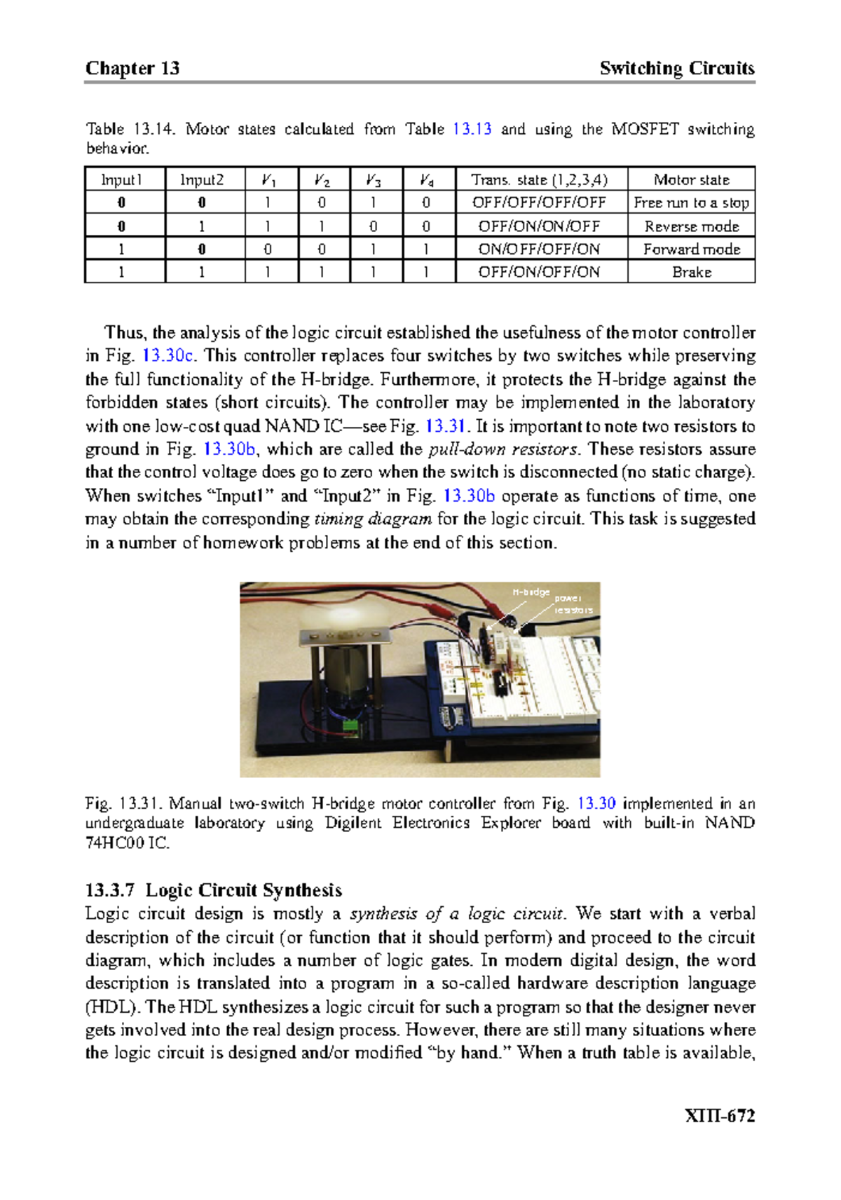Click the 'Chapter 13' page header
[x=132, y=68]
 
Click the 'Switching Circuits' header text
[x=676, y=68]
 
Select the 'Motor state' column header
[x=691, y=179]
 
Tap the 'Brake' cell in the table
[x=691, y=272]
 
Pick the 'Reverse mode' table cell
[x=691, y=226]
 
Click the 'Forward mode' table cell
[x=691, y=249]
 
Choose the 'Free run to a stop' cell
[x=691, y=203]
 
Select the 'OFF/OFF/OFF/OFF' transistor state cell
[x=539, y=203]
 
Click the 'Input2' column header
[x=202, y=179]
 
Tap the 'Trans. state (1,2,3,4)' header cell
[x=539, y=179]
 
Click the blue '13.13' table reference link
[x=472, y=129]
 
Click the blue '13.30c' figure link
[x=167, y=355]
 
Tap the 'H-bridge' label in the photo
[x=531, y=592]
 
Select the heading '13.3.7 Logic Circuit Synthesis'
[x=213, y=890]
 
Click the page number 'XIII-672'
[x=719, y=1116]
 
